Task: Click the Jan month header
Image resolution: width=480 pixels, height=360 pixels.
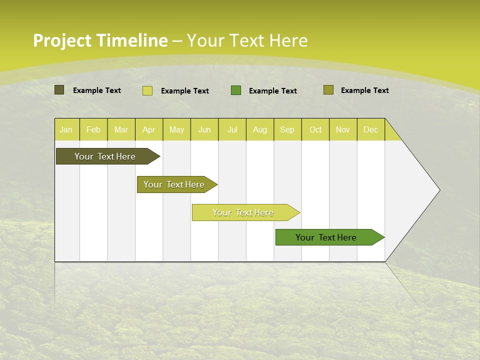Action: [66, 129]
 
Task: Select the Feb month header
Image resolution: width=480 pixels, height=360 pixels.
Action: [93, 129]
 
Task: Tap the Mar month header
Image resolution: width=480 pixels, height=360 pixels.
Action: [121, 129]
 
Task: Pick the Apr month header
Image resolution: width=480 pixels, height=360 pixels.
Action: [149, 129]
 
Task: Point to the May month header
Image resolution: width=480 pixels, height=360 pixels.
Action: [176, 129]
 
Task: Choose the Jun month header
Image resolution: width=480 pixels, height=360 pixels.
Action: [204, 129]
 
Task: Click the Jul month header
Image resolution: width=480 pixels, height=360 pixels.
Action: [232, 129]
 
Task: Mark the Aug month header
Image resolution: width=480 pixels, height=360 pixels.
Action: [260, 129]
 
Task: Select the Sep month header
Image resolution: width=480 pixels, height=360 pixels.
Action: [287, 129]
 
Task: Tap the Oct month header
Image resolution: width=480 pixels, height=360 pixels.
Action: [315, 129]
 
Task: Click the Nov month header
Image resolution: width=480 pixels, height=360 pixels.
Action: [343, 129]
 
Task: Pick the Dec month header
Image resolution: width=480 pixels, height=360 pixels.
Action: [371, 129]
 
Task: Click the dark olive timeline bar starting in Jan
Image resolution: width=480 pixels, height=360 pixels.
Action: [105, 156]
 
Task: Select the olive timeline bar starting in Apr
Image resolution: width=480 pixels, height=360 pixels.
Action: [174, 184]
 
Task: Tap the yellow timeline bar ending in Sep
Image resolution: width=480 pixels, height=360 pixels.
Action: [243, 212]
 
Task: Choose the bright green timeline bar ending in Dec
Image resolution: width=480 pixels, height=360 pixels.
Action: [326, 237]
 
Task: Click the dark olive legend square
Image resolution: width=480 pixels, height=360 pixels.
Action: [59, 90]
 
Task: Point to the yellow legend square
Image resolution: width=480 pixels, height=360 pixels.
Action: [147, 90]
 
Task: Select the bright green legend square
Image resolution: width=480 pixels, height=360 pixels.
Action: [236, 90]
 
